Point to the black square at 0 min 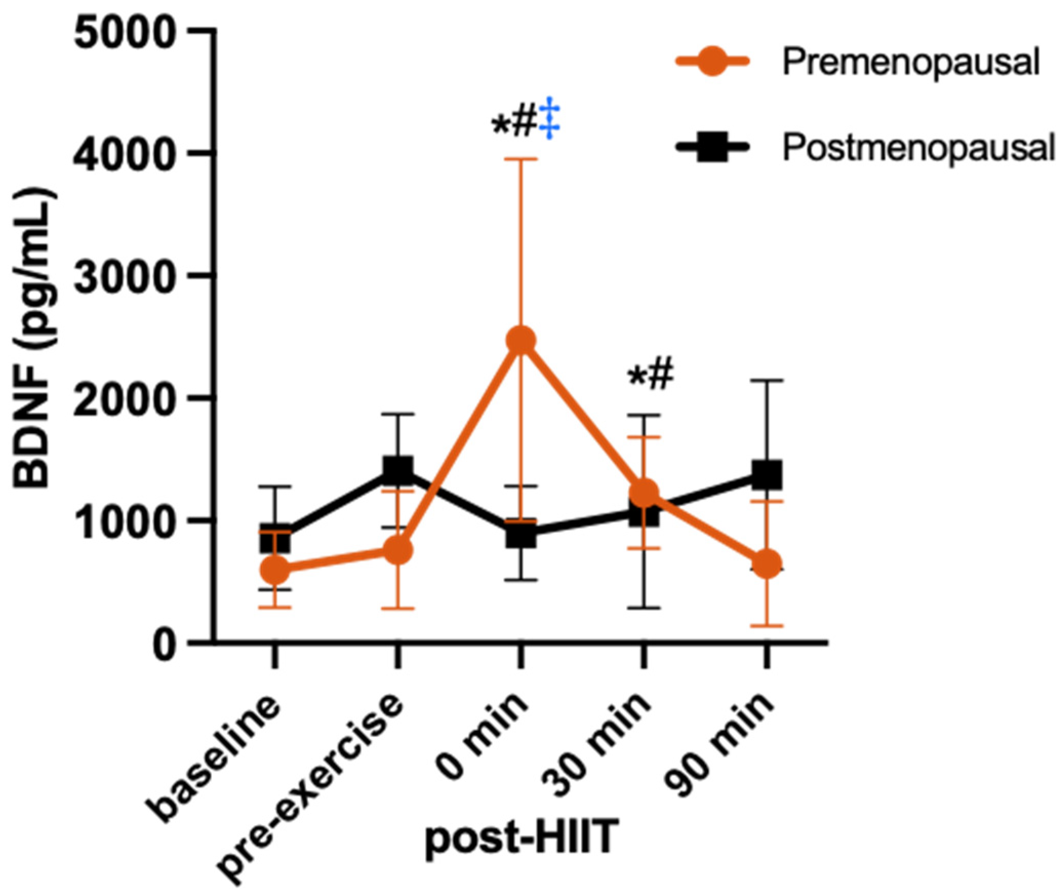pyautogui.click(x=521, y=533)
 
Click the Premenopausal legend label pyautogui.click(x=911, y=63)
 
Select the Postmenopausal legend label pyautogui.click(x=918, y=148)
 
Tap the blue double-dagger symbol pyautogui.click(x=550, y=118)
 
